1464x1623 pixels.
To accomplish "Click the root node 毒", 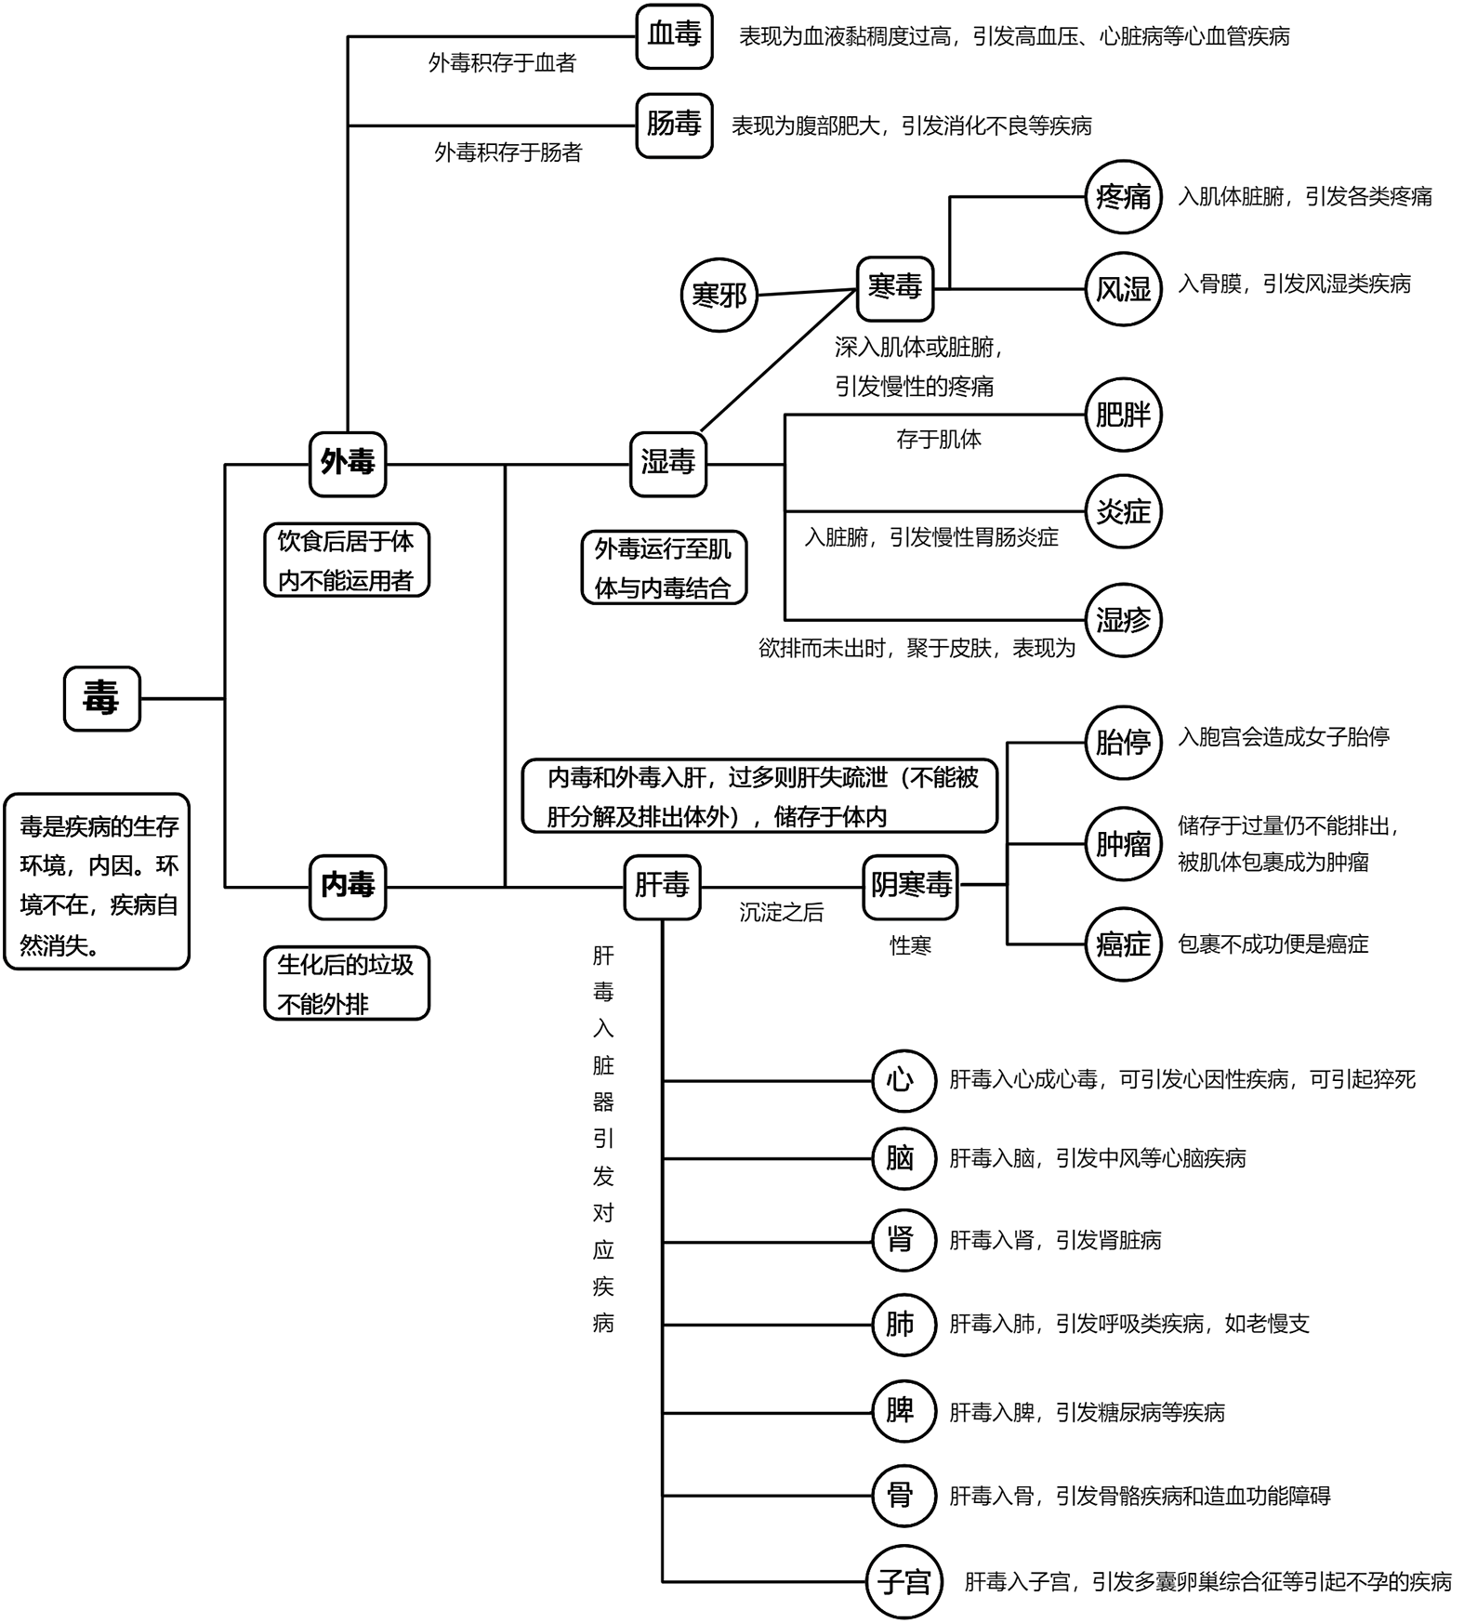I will pos(101,698).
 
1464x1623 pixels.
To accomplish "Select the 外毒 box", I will pos(348,463).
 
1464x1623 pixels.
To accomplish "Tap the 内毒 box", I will pos(348,886).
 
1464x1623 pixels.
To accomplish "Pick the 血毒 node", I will pos(674,35).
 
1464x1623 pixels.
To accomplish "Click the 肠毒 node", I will pos(674,125).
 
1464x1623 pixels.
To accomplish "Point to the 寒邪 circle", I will pos(719,296).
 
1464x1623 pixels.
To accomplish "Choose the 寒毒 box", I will pos(894,287).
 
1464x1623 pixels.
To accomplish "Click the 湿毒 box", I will pos(667,463).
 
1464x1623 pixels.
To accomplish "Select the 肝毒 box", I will pos(662,886).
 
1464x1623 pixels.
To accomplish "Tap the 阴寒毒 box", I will pos(911,886).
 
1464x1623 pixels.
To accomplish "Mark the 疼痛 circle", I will pos(1123,197).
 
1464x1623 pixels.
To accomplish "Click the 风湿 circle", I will pos(1123,289).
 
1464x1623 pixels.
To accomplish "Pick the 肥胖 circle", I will pos(1123,415).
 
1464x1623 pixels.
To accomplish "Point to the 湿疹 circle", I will pos(1123,620).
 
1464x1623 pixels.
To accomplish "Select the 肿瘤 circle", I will pos(1123,844).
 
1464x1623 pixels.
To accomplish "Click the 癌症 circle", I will pos(1123,944).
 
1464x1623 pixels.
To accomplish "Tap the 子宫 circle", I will pos(903,1581).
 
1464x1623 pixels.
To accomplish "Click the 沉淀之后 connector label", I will pos(781,913).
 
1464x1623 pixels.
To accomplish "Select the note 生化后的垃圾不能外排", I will pos(346,983).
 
